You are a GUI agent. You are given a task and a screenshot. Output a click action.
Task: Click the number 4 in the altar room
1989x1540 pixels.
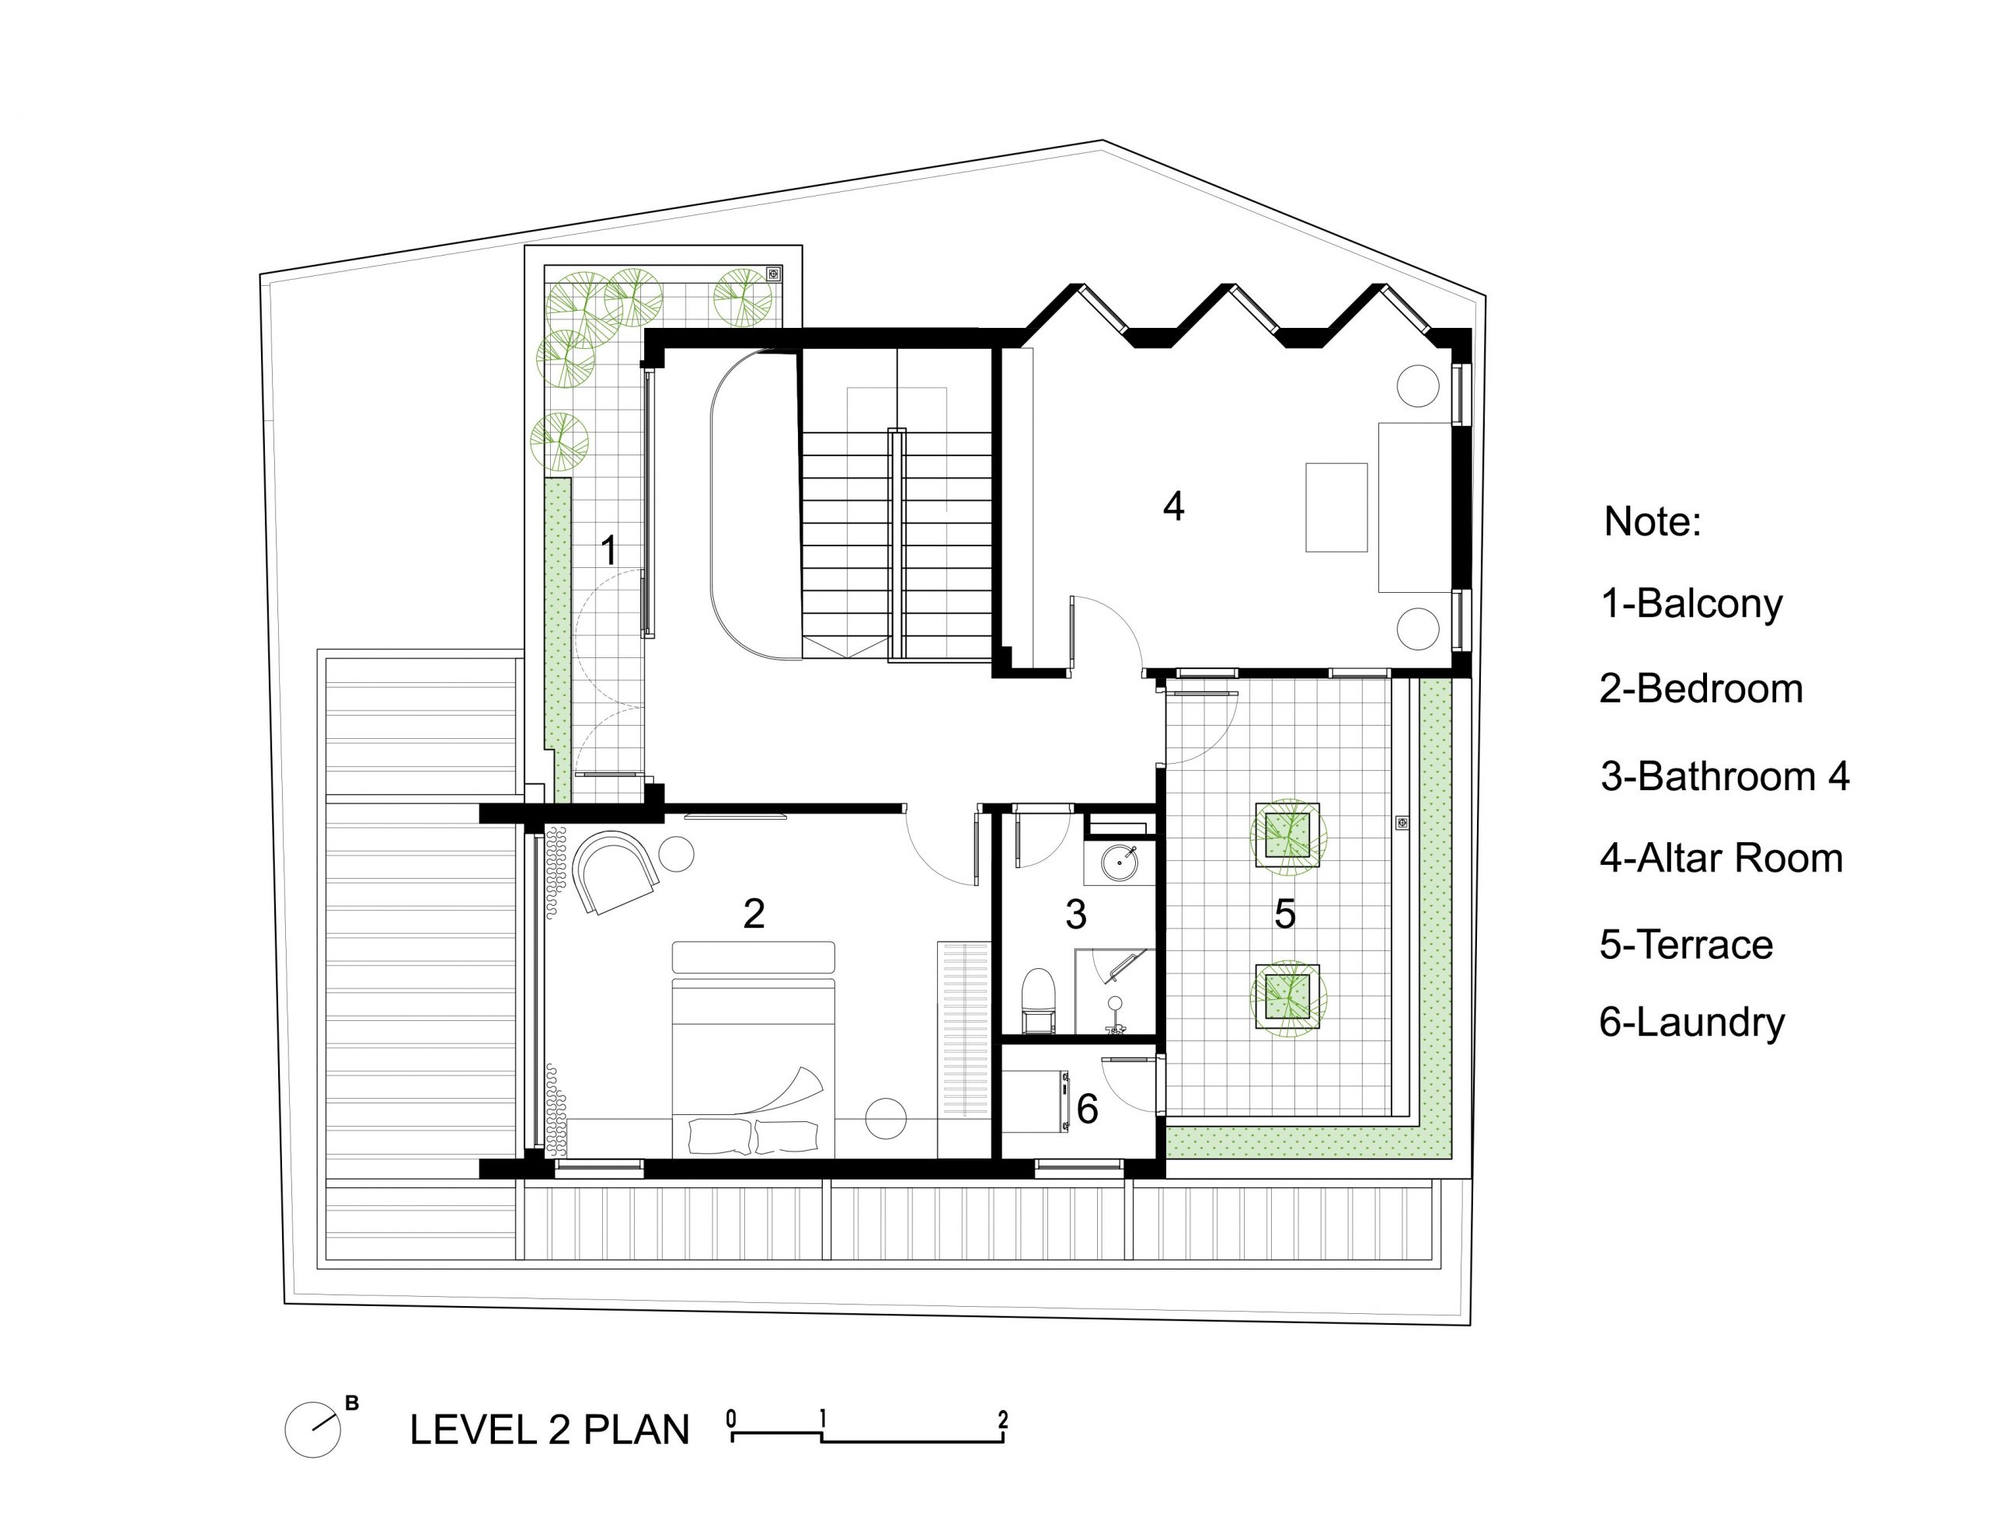tap(1173, 507)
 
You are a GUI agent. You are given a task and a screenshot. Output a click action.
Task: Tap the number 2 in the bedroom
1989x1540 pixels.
tap(754, 914)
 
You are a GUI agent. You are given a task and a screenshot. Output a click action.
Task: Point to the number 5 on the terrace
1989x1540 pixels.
tap(1284, 914)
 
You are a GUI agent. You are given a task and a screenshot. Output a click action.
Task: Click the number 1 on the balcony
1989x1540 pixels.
tap(608, 550)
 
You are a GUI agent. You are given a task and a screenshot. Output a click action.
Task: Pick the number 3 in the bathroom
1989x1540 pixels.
tap(1075, 914)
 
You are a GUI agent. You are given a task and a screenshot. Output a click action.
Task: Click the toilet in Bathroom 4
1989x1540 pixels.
tap(1038, 1001)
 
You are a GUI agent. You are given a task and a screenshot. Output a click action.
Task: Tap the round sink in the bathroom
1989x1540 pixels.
tap(1120, 862)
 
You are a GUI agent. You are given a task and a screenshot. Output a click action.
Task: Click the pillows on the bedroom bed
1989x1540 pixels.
tap(753, 1138)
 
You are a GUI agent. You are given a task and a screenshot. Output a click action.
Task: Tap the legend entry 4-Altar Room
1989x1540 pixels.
tap(1721, 859)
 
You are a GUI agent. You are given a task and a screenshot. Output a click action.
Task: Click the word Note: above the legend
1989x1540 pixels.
tap(1652, 522)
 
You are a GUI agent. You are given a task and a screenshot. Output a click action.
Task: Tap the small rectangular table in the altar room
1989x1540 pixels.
tap(1336, 507)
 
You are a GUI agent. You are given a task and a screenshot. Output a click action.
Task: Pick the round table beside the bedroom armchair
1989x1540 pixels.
tap(677, 854)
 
